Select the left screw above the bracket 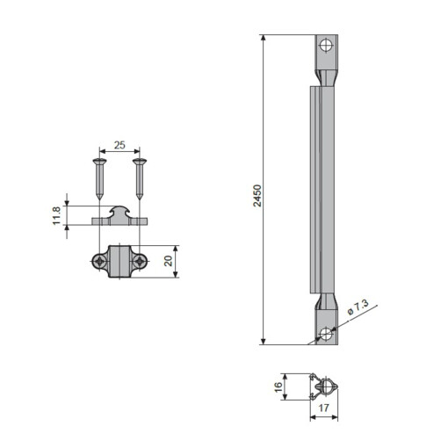coord(98,179)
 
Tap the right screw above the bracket coord(138,179)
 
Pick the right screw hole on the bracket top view coord(139,262)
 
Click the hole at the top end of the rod coord(326,45)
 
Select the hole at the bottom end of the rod coord(326,333)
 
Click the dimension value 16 coord(278,387)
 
